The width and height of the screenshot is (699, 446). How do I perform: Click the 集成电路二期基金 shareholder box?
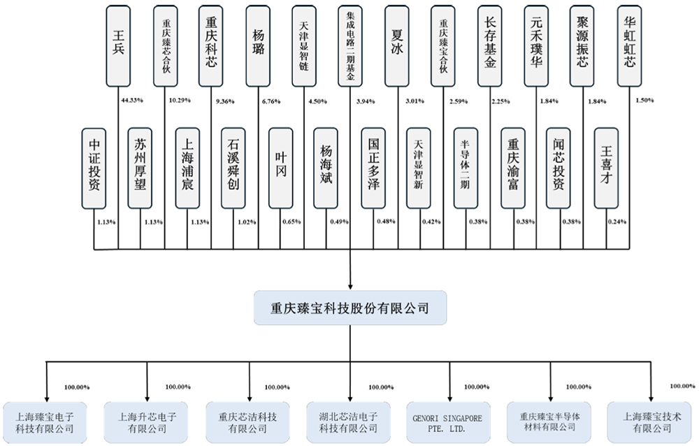[350, 45]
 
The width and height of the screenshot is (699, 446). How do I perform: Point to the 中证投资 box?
[95, 168]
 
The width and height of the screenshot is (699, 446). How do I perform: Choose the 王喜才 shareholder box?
[606, 168]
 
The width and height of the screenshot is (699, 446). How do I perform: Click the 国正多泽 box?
[374, 168]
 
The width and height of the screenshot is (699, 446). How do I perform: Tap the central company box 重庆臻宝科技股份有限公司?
[349, 308]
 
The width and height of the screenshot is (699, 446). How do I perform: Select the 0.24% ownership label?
[617, 222]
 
